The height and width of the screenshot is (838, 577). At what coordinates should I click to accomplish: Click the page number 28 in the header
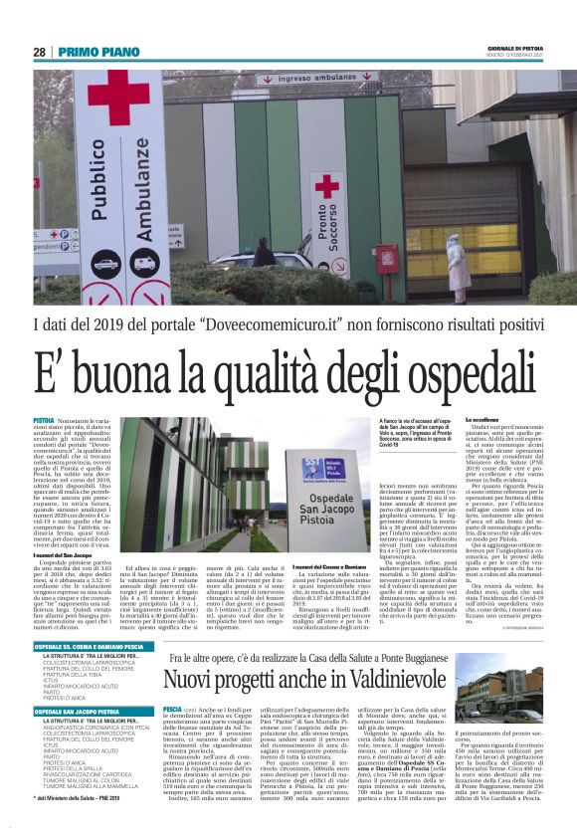coord(40,53)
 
